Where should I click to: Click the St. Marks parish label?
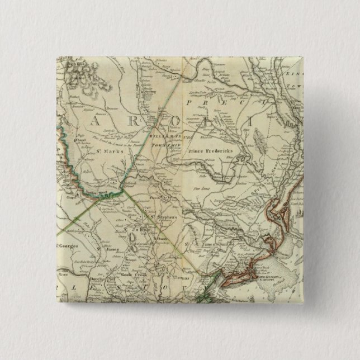click(x=106, y=150)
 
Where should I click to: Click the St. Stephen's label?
click(x=162, y=212)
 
